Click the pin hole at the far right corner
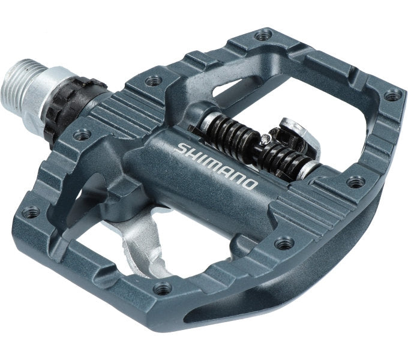392,95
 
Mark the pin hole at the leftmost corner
31,211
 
